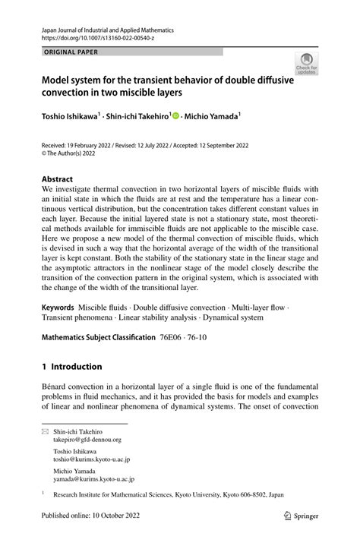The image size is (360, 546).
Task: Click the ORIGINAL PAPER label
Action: (x=71, y=52)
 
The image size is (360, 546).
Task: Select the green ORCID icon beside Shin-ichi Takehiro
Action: (x=176, y=117)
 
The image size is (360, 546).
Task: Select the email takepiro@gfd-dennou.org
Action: (x=87, y=439)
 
